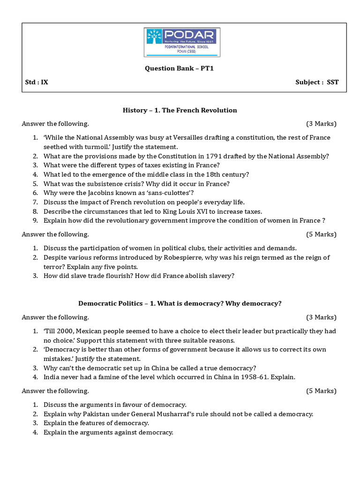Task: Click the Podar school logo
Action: tap(181, 42)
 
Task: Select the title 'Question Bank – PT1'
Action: tap(180, 68)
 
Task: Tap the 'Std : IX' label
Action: tap(37, 82)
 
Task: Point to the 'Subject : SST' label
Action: tap(317, 82)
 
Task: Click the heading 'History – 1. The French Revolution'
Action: tap(180, 110)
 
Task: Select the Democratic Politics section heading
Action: tap(180, 303)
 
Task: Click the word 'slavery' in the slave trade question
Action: tap(221, 276)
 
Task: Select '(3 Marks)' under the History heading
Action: tap(321, 124)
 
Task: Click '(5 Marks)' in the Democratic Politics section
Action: tap(321, 391)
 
